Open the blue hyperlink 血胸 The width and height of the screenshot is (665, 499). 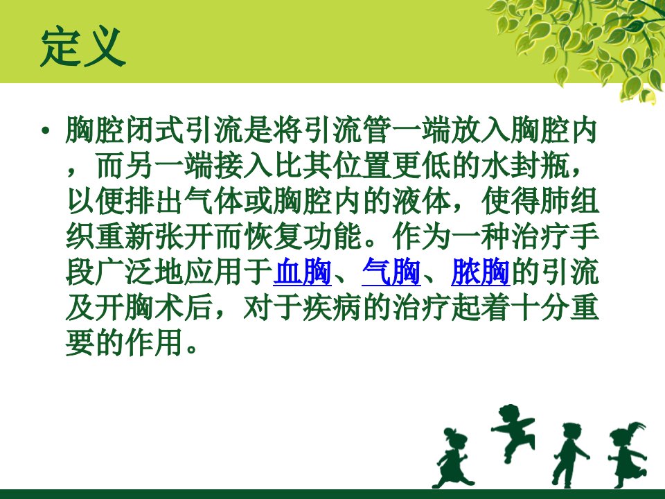coord(303,271)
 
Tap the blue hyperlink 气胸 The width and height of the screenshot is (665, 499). coord(391,271)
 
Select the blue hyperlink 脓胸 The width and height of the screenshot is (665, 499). coord(480,271)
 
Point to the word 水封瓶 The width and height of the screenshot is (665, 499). coord(526,166)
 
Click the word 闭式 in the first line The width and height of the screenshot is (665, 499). coord(154,130)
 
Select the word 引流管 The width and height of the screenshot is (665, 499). coord(347,130)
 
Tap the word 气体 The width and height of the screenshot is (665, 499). coord(214,201)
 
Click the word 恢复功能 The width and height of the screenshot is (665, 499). coord(303,236)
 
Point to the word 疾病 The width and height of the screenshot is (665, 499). coord(332,307)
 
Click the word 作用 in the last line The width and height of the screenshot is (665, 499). coord(154,342)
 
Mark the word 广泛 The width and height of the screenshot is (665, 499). coord(125,271)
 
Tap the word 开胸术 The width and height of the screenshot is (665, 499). coord(140,307)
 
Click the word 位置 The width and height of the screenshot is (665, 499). coord(362,166)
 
